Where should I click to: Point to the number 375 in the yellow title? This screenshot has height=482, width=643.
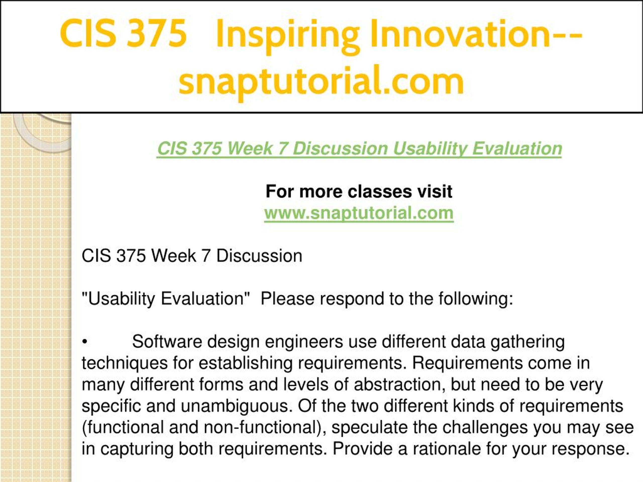click(157, 33)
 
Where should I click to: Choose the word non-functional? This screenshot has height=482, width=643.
click(264, 427)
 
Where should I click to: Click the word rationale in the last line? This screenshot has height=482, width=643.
click(447, 449)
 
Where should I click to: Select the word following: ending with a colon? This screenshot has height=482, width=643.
click(476, 299)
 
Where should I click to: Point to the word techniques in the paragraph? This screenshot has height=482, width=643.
click(125, 364)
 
